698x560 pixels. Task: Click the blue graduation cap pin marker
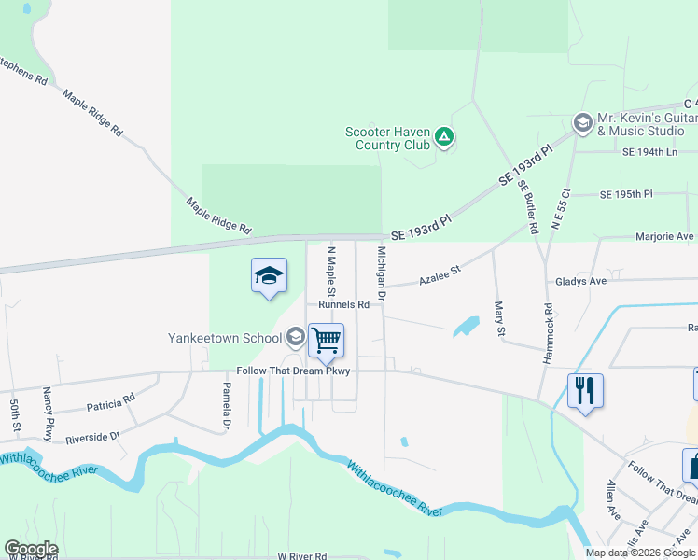269,277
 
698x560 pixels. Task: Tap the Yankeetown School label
225,338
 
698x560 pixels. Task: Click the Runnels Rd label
343,304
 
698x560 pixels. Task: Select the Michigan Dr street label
381,273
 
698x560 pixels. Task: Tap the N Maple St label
329,273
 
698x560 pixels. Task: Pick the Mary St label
500,318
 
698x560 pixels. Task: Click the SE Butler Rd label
529,206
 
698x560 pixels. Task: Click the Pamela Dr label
226,407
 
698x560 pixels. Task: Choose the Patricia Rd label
110,402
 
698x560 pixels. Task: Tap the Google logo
31,549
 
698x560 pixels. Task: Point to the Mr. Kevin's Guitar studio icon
582,123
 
